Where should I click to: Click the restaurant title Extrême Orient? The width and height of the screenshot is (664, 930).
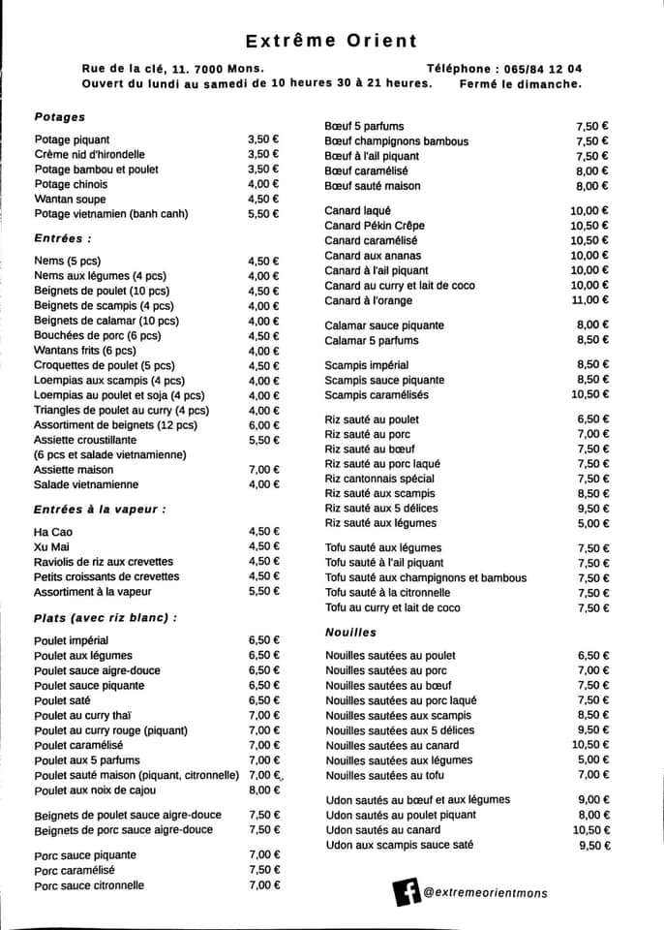pos(331,41)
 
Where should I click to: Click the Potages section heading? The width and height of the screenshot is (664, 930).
pos(59,117)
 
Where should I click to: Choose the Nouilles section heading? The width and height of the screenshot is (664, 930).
pos(350,633)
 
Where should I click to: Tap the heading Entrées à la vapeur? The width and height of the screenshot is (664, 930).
pos(100,509)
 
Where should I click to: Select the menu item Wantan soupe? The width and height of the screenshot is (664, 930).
pos(72,199)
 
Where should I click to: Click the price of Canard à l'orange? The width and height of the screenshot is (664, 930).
pos(589,300)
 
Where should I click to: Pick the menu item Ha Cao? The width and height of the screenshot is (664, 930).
pos(53,532)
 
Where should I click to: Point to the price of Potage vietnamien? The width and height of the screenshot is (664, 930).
pos(262,214)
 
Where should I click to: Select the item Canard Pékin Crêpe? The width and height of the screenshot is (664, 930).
pos(375,226)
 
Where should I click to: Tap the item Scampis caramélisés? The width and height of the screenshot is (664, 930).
pos(377,395)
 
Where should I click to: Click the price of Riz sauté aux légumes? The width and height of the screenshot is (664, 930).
pos(592,523)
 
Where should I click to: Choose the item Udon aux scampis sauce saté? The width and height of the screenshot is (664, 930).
pos(400,845)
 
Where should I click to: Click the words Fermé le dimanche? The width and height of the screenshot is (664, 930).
pos(522,83)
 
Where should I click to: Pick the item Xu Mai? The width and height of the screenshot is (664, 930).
pos(50,546)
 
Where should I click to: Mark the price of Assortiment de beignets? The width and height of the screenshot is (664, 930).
pos(262,424)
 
